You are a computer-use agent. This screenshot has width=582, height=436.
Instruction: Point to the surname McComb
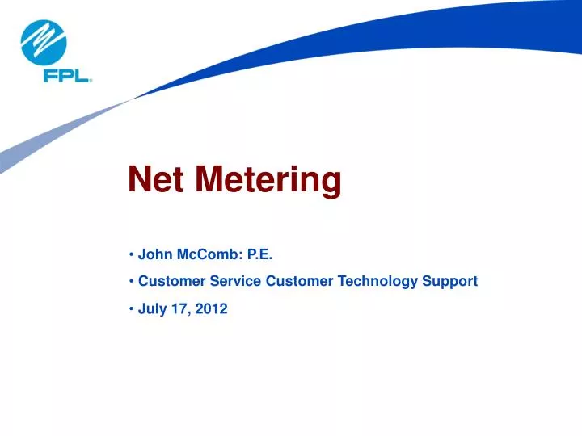(203, 255)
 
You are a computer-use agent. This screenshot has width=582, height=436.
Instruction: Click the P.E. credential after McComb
(259, 255)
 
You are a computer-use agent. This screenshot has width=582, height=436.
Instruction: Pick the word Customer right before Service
(168, 281)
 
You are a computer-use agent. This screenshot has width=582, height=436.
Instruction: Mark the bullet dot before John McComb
(131, 255)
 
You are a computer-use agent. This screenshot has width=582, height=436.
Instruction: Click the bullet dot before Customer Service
(131, 281)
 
